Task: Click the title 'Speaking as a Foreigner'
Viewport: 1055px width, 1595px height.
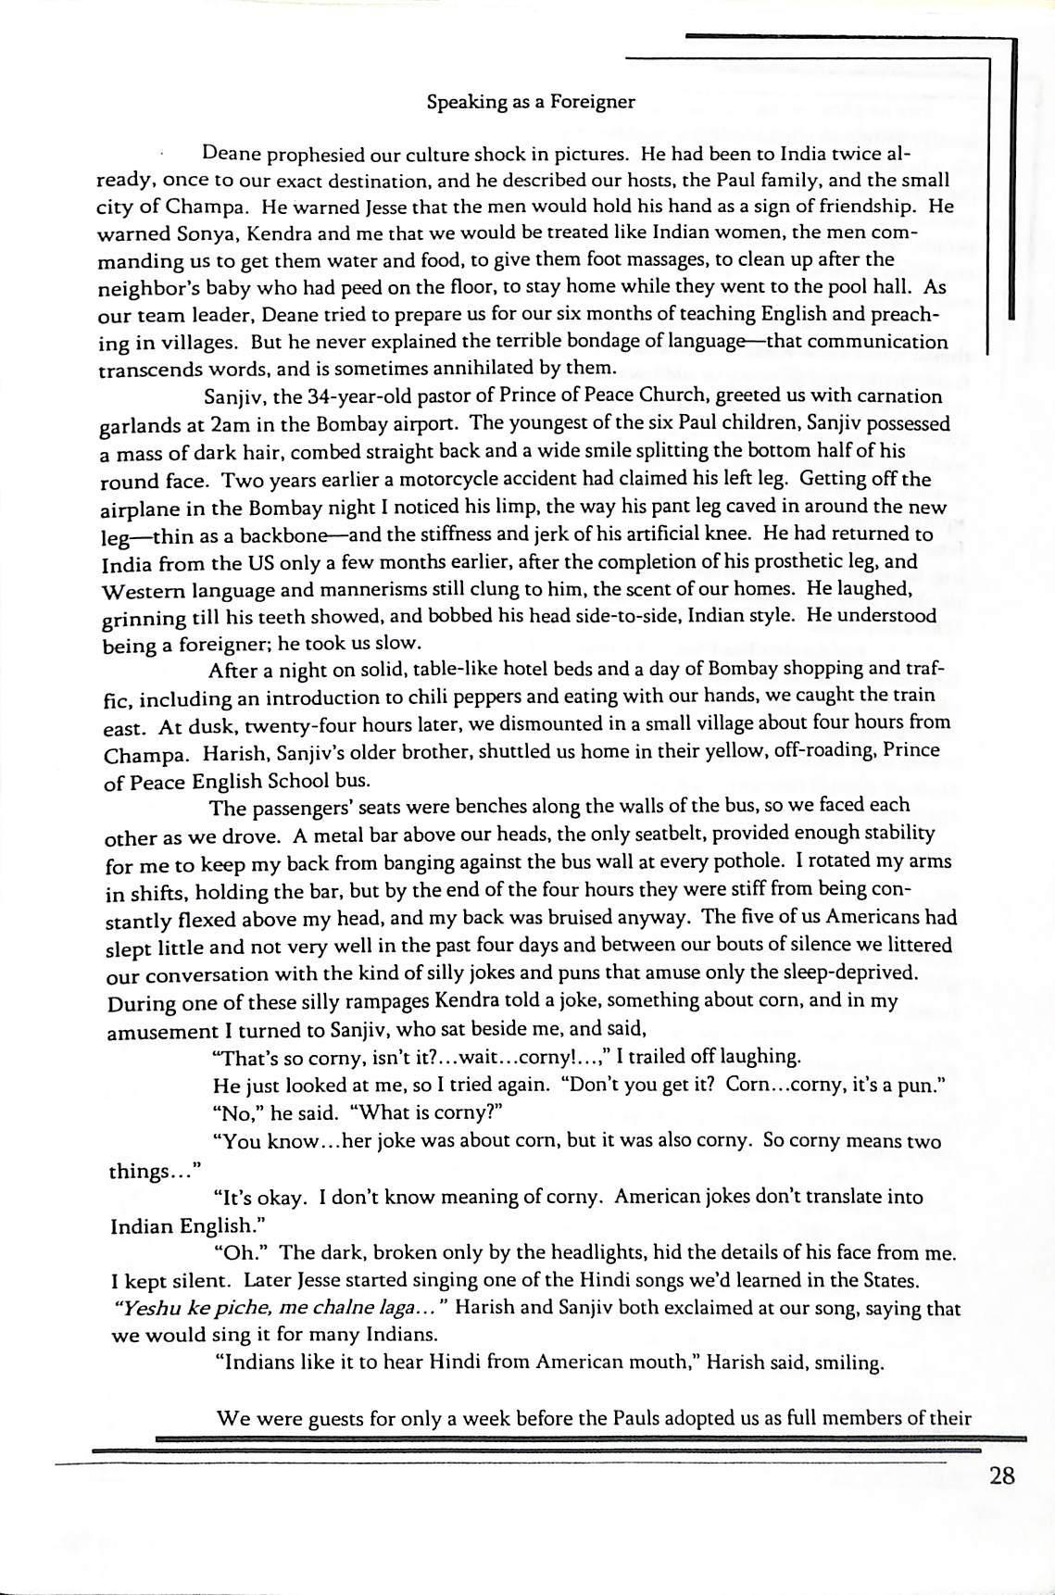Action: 531,102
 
